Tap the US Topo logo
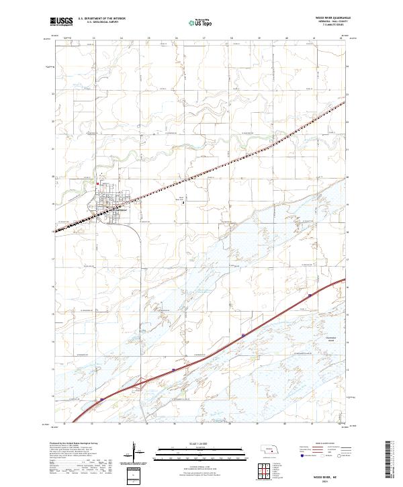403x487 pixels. pyautogui.click(x=193, y=22)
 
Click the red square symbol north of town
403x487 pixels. pyautogui.click(x=97, y=183)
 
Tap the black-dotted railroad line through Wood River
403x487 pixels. pyautogui.click(x=201, y=169)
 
